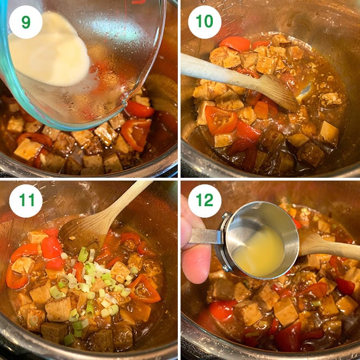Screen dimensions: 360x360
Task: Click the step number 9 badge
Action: (26, 22)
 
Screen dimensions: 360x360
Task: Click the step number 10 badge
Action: (205, 22)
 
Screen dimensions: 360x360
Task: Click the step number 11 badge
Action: (26, 201)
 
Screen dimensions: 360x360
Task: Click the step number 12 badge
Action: (205, 201)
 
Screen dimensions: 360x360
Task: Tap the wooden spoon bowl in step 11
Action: (82, 229)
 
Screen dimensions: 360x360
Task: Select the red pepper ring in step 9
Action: (136, 134)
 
